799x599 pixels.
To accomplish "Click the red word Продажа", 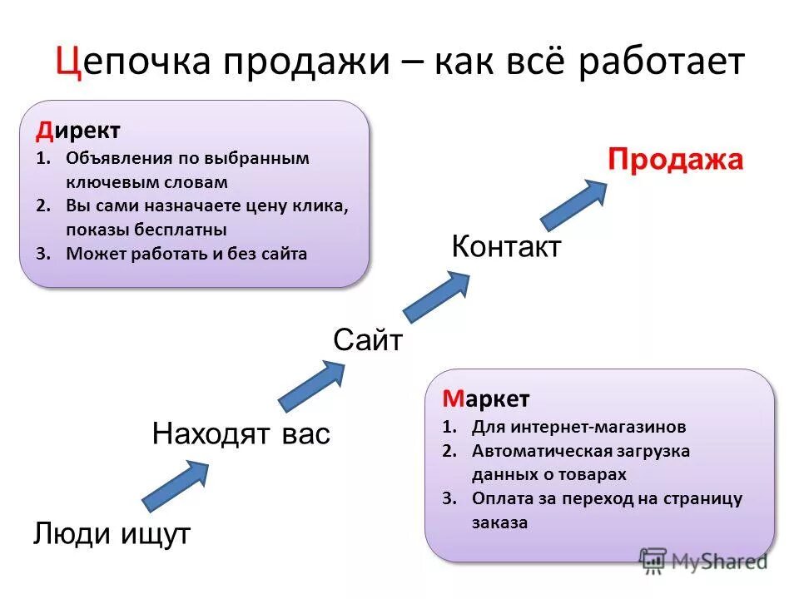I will [x=674, y=159].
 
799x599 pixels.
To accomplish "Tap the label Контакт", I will [x=506, y=246].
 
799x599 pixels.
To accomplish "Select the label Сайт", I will [x=368, y=340].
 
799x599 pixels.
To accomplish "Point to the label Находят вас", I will [x=241, y=433].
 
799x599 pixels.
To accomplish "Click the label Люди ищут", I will [x=112, y=533].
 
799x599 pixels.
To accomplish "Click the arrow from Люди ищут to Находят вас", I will [x=176, y=484].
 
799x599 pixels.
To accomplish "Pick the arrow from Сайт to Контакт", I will [x=436, y=295].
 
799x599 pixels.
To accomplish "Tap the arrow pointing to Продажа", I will [x=574, y=203].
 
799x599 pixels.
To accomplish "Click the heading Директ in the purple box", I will [x=77, y=131].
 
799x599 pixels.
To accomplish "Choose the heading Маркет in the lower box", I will [x=485, y=399].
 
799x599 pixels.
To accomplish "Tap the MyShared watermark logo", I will [x=703, y=561].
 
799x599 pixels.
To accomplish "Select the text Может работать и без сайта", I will [x=186, y=255].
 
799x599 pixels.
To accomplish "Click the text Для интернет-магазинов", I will [x=578, y=428].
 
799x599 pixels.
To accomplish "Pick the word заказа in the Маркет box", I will [x=499, y=523].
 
